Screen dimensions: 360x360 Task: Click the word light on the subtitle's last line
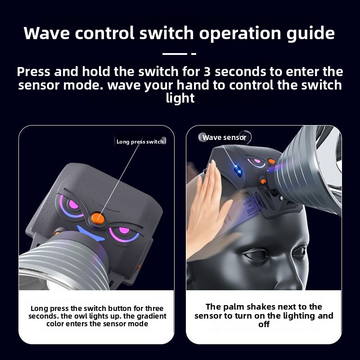click(180, 99)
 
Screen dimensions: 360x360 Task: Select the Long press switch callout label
click(140, 142)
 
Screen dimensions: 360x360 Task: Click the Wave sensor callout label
click(224, 138)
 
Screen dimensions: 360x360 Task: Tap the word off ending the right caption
click(264, 324)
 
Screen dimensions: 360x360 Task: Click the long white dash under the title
click(175, 54)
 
